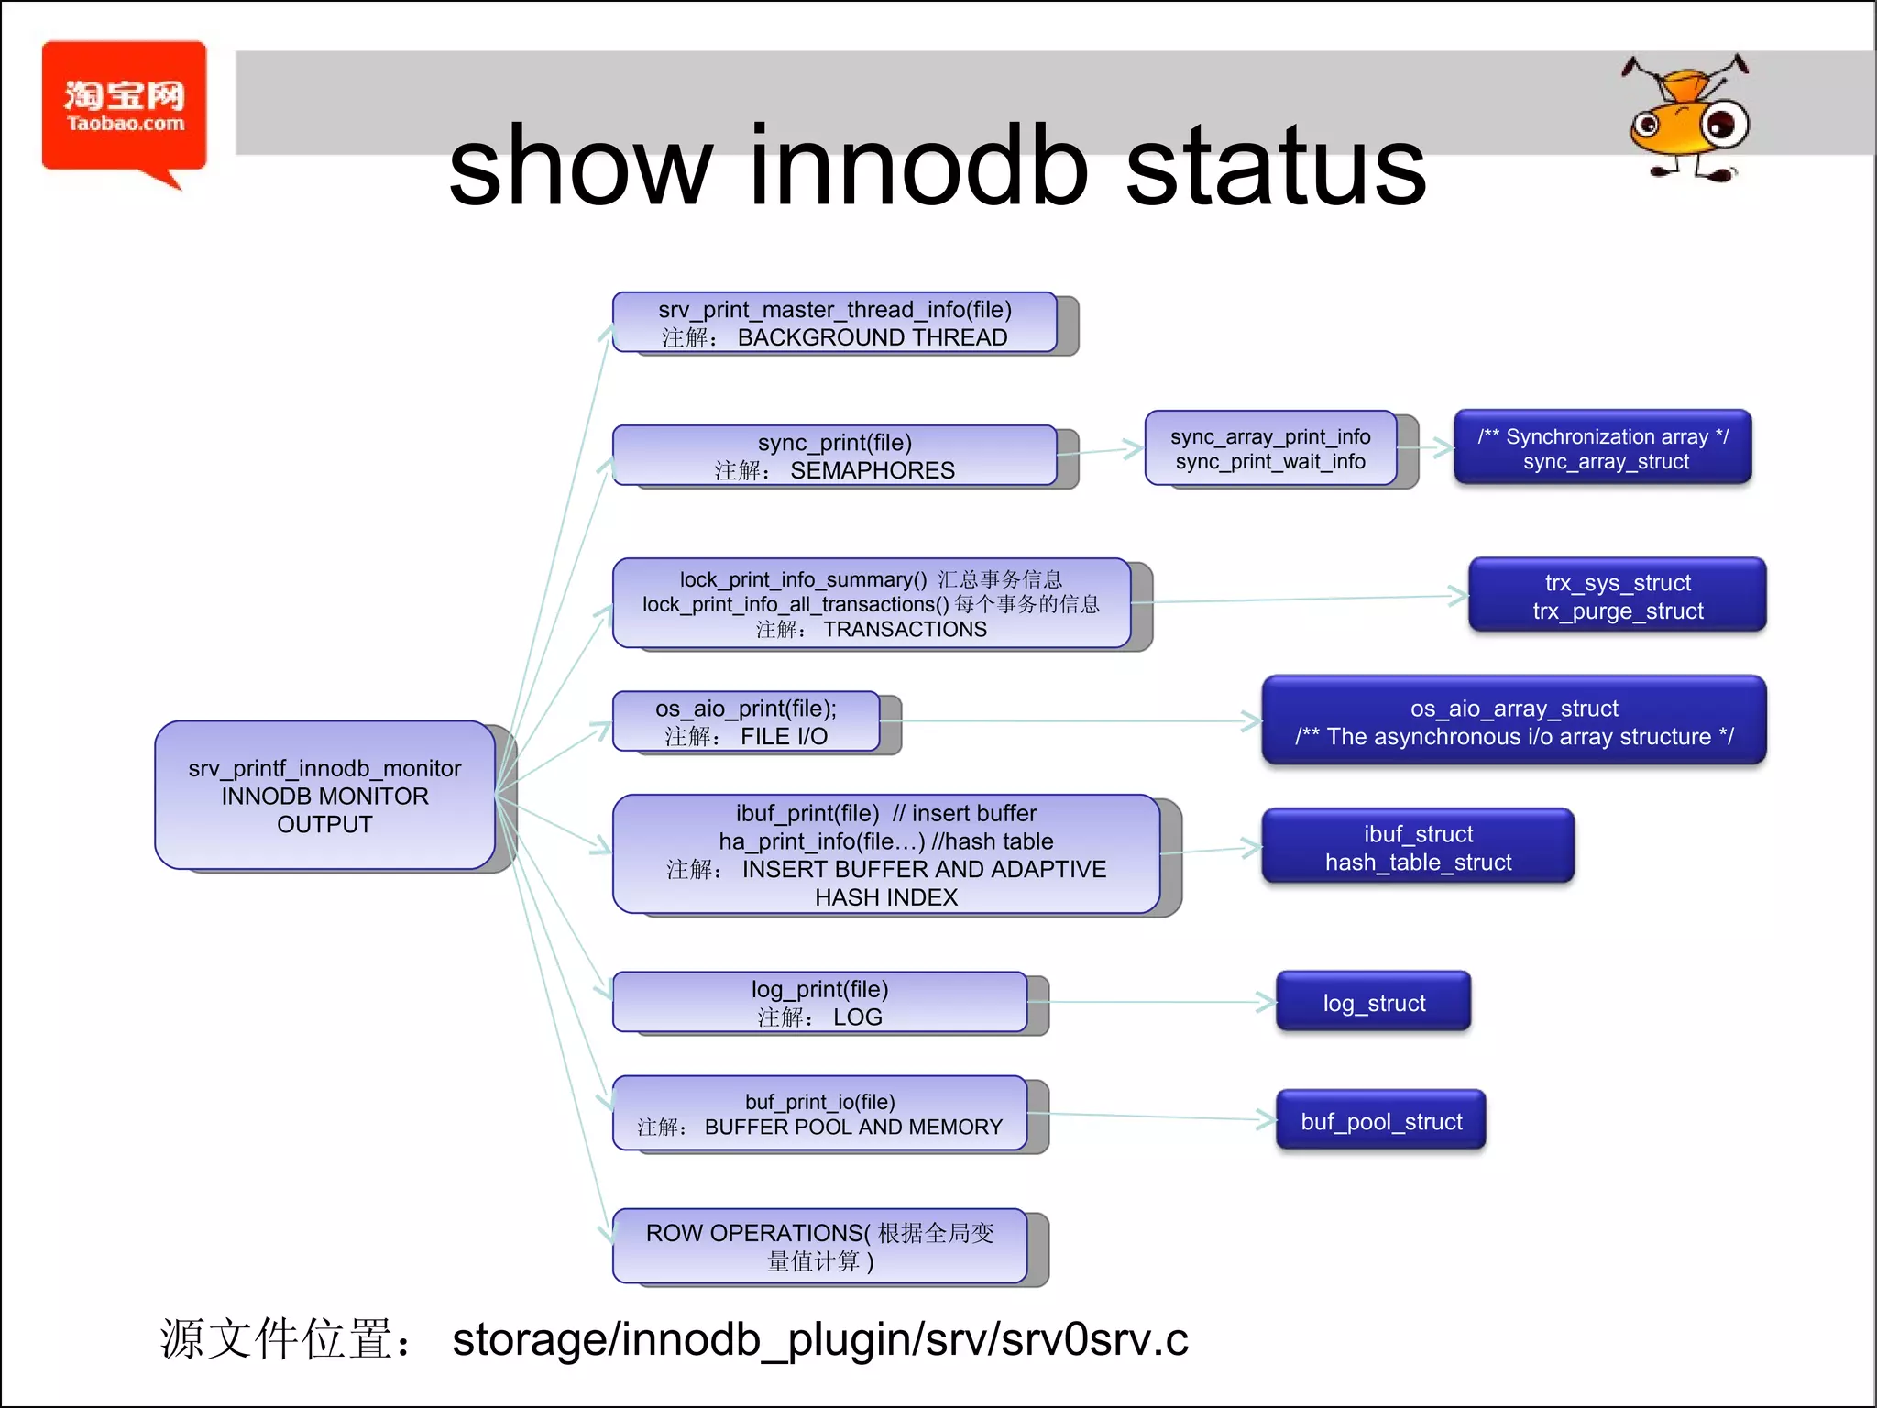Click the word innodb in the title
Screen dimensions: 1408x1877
(918, 167)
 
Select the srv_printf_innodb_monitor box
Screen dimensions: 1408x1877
(324, 795)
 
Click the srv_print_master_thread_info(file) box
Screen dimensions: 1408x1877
(834, 323)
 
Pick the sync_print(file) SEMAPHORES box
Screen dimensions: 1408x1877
(834, 456)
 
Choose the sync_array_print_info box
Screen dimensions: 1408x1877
(1270, 448)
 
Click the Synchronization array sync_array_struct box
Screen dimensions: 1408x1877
(1602, 447)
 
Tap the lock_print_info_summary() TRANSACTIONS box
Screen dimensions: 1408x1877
(871, 603)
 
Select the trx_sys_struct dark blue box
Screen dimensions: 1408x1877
(1617, 596)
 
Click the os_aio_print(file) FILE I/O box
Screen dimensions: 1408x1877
(746, 721)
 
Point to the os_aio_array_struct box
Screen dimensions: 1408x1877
(1513, 721)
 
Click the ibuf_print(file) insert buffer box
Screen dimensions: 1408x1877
(885, 854)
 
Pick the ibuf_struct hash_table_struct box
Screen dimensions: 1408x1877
(1417, 847)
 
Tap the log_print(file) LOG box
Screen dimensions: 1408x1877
(819, 1002)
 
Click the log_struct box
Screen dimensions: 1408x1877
(1373, 1002)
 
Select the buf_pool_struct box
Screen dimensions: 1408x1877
(1380, 1120)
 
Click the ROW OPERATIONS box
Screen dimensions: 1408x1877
(819, 1246)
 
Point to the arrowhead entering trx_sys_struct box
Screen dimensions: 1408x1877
(1460, 596)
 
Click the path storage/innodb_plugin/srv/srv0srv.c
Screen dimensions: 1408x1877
(819, 1339)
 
